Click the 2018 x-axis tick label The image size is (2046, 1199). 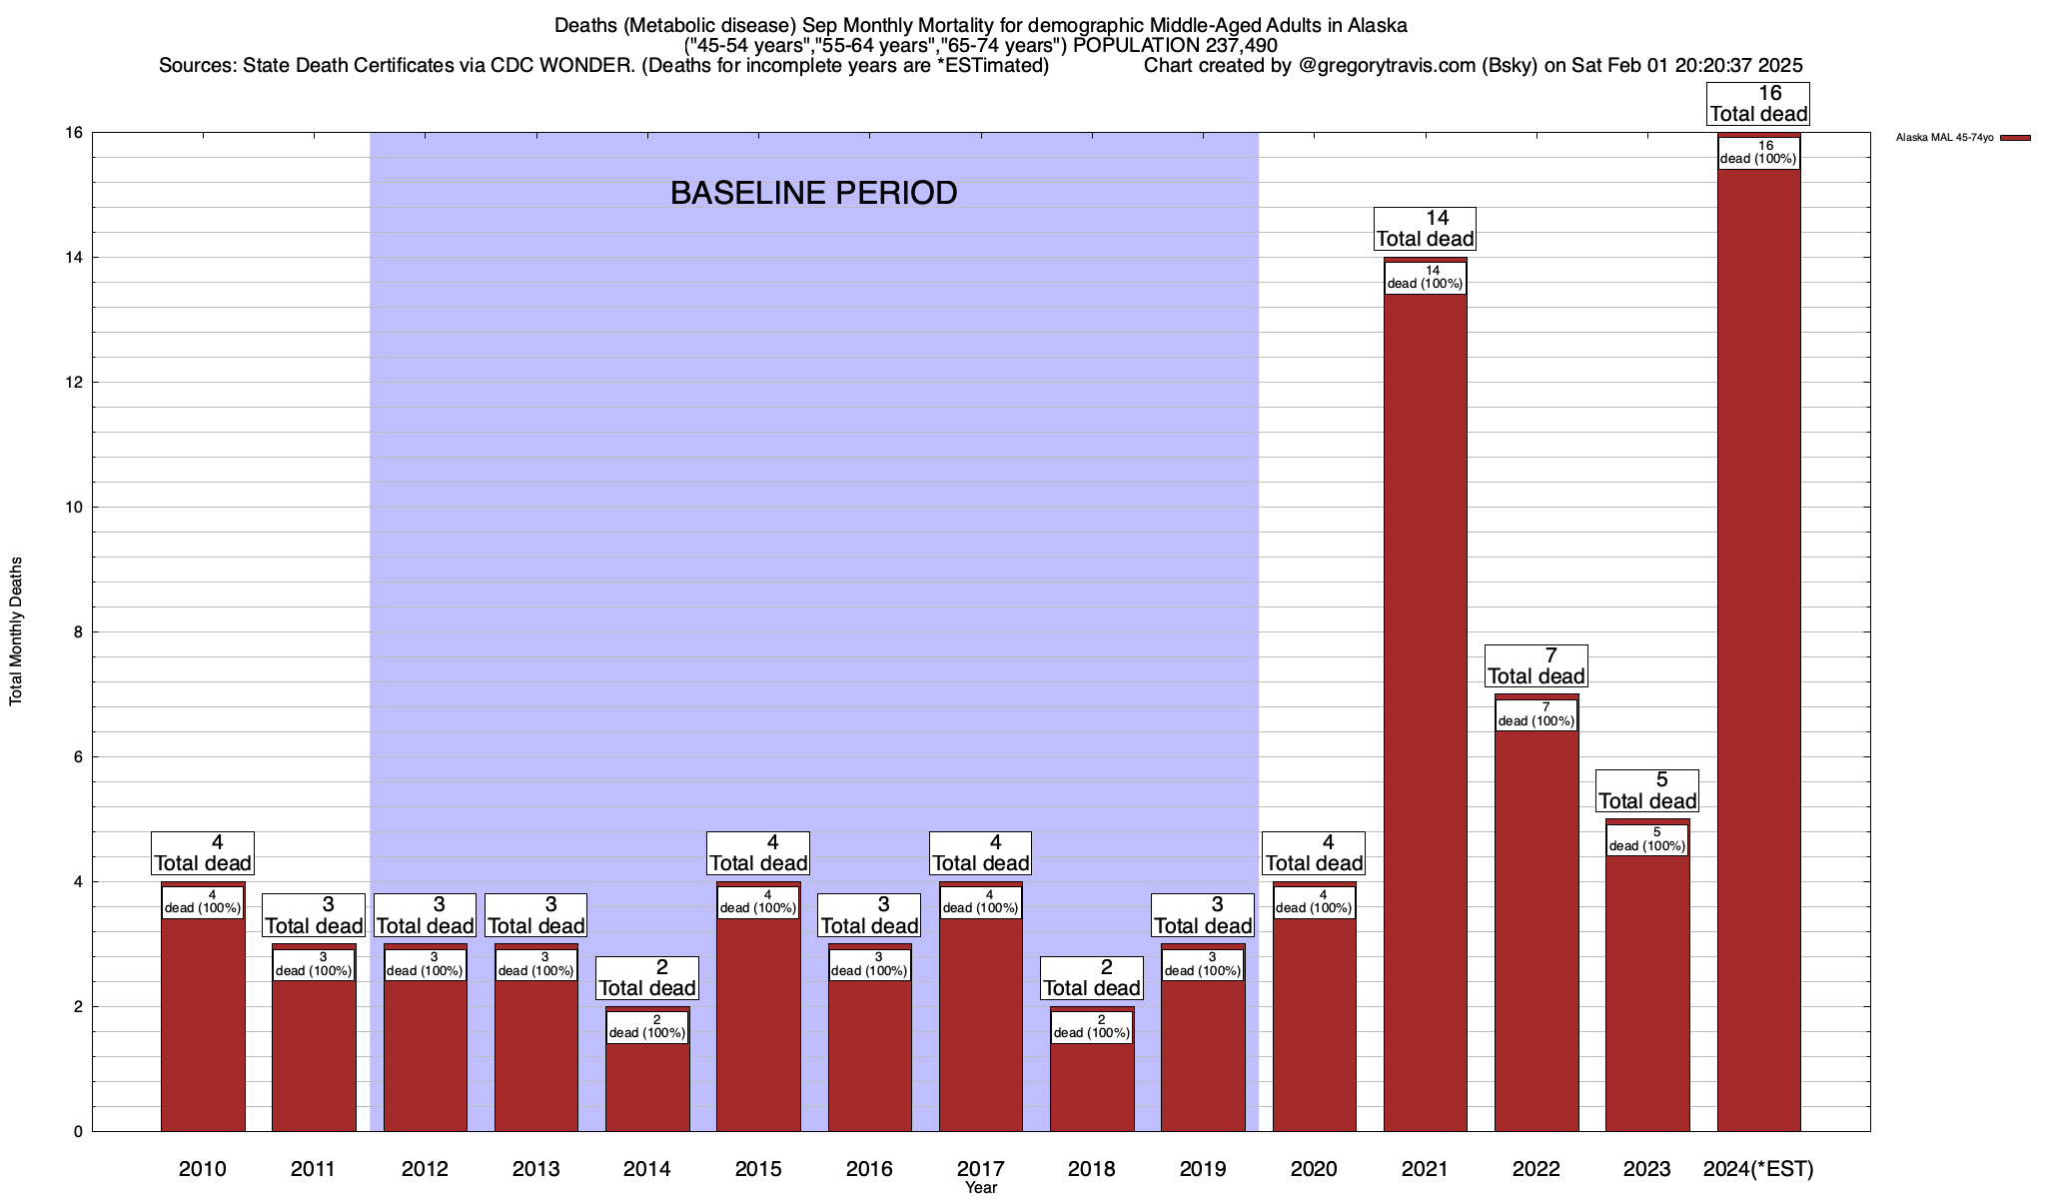pos(1091,1168)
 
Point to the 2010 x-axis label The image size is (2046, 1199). pos(203,1168)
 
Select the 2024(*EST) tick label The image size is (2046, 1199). pos(1758,1168)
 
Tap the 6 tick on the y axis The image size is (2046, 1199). pos(76,757)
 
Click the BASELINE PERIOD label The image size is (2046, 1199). pos(813,193)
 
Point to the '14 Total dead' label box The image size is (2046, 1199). pos(1425,229)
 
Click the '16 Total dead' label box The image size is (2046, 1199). pos(1758,104)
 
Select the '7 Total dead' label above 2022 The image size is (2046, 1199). pos(1536,666)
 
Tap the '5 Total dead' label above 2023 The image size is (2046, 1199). pos(1647,791)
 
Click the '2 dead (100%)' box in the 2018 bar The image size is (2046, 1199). pos(1092,1027)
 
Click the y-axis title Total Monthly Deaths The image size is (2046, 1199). pos(16,631)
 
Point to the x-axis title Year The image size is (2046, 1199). pos(981,1188)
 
